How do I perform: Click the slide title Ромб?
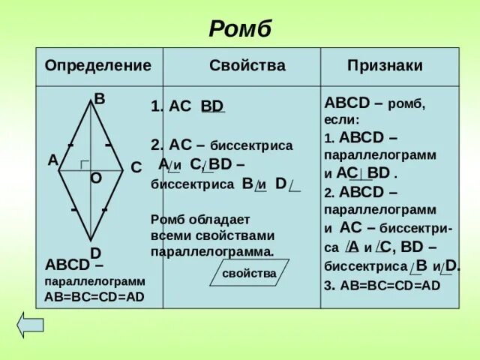tap(240, 29)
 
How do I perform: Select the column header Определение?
tap(97, 65)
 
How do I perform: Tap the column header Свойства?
tap(247, 65)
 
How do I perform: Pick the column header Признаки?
tap(385, 65)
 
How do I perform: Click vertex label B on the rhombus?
tap(98, 98)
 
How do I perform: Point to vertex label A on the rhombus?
tap(52, 160)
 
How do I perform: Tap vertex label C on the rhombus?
tap(136, 167)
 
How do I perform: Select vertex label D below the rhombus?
tap(96, 253)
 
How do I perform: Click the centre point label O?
tap(96, 178)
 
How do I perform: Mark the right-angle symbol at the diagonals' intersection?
tap(85, 165)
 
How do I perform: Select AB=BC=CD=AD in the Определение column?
tap(94, 296)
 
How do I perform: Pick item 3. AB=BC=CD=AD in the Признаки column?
tap(382, 285)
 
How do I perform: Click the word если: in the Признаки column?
tap(342, 119)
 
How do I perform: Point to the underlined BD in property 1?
tap(212, 106)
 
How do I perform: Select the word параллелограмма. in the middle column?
tap(212, 250)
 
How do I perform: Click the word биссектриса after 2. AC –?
tap(251, 145)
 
